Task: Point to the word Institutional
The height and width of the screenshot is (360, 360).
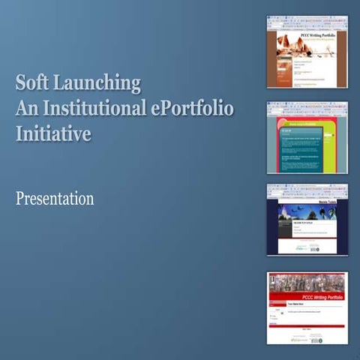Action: coord(93,109)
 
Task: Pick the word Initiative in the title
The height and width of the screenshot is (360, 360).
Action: coord(53,134)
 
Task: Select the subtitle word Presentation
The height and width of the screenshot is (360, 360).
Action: coord(55,199)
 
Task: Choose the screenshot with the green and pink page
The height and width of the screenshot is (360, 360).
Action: coord(307,137)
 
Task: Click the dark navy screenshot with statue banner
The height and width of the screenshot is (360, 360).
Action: coord(307,220)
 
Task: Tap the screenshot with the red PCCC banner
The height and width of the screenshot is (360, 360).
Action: coord(307,307)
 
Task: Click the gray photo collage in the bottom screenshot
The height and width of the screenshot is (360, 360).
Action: coord(307,281)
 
